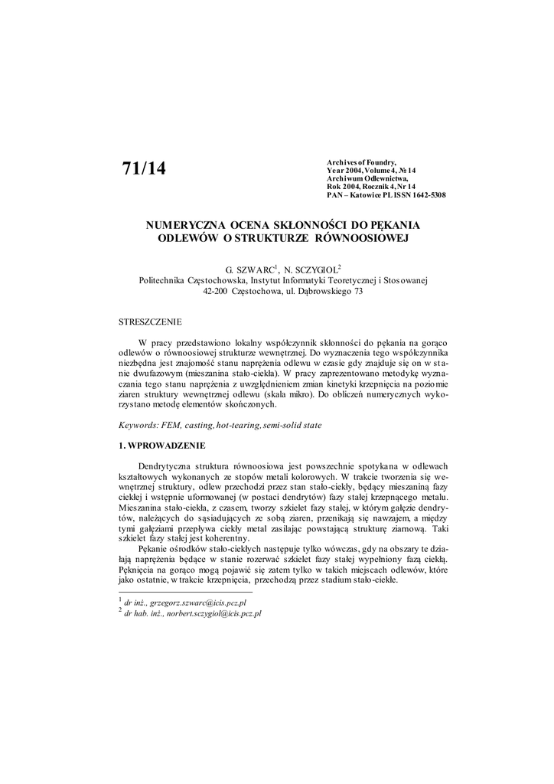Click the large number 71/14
pyautogui.click(x=144, y=168)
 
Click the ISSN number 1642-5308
pyautogui.click(x=423, y=195)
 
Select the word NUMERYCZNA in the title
pyautogui.click(x=181, y=225)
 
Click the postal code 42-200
pyautogui.click(x=217, y=292)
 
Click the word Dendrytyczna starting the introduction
pyautogui.click(x=169, y=465)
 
